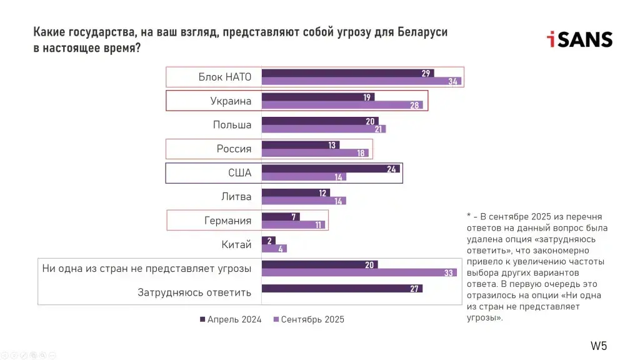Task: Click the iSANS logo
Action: (579, 39)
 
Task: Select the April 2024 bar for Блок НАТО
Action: (347, 73)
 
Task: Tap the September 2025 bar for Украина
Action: (342, 105)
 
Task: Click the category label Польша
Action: (232, 124)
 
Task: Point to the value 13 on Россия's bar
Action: (331, 145)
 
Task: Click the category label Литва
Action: (236, 196)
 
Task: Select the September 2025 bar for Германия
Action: (292, 224)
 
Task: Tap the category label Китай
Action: (236, 244)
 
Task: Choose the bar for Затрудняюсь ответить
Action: (341, 288)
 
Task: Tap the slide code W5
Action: (599, 346)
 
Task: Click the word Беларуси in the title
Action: (422, 32)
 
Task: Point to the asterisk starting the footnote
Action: (469, 216)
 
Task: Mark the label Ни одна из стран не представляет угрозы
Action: (146, 268)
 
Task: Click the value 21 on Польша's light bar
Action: (378, 129)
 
